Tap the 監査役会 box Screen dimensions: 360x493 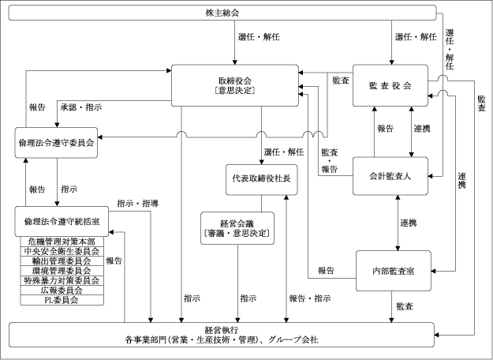(x=390, y=85)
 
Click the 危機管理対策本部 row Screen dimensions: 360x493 (x=61, y=241)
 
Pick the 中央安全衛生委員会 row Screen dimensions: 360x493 (x=61, y=251)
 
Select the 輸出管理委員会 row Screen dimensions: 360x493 (x=61, y=261)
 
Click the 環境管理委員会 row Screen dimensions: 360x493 (x=61, y=271)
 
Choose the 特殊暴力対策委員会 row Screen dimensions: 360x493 (x=61, y=280)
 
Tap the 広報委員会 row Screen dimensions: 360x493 (x=61, y=291)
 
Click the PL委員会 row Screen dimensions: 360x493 (x=61, y=300)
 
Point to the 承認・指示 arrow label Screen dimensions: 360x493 (x=81, y=107)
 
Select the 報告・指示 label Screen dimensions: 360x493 (x=309, y=298)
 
